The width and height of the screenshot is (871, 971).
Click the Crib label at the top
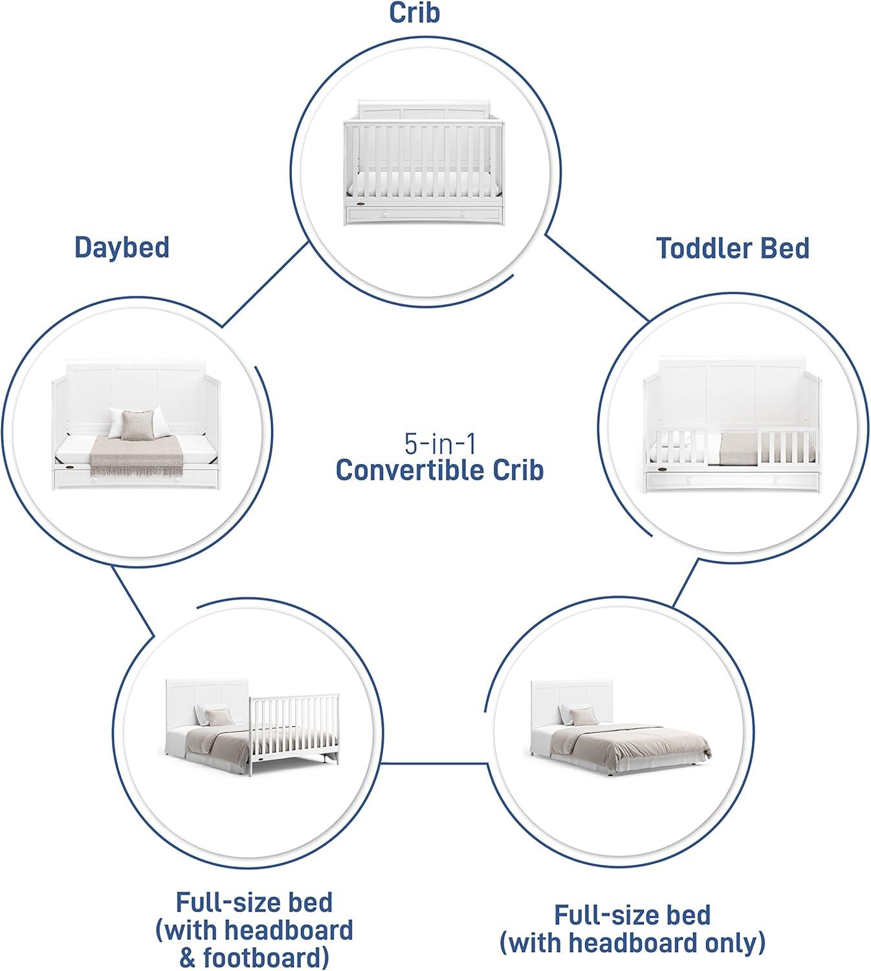414,12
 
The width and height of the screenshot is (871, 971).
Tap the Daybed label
122,247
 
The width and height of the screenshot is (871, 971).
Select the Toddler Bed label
733,248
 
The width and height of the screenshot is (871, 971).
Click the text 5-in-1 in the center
439,444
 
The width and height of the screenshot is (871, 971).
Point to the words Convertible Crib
439,471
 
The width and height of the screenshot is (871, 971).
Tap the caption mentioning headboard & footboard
254,930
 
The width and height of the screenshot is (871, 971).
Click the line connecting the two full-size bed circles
434,762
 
